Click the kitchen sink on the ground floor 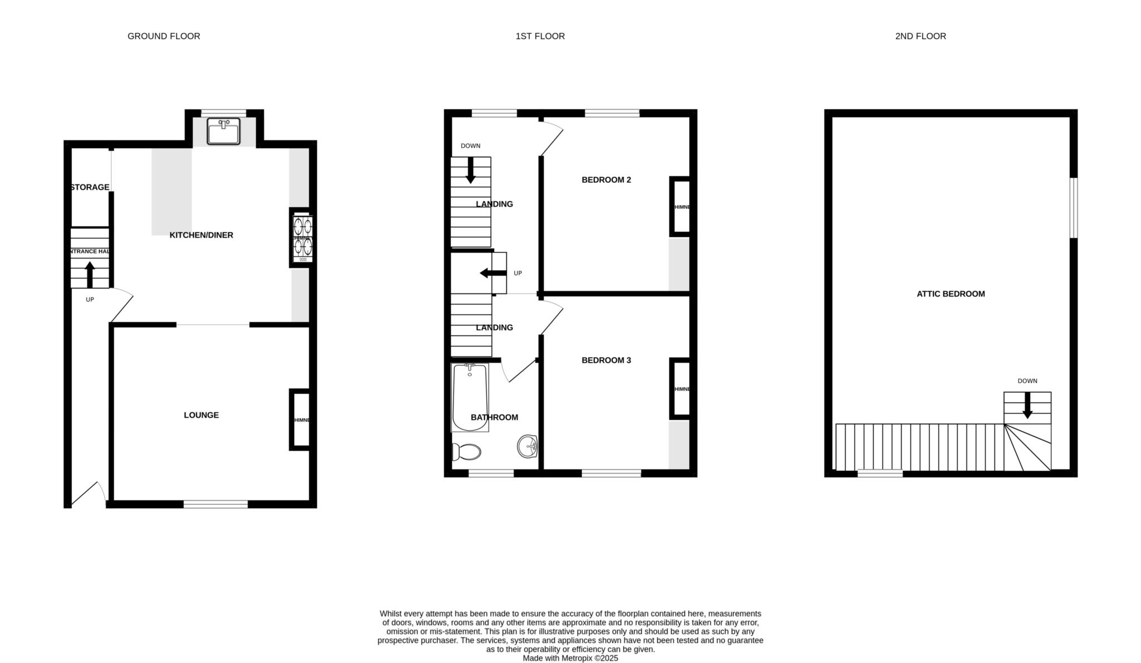(x=223, y=131)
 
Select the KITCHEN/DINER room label (x=201, y=235)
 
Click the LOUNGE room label (x=201, y=415)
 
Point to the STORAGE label (x=90, y=187)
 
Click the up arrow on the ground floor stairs (x=90, y=274)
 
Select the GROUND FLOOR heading (x=164, y=36)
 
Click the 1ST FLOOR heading (x=540, y=36)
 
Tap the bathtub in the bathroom (x=470, y=397)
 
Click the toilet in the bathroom (x=467, y=452)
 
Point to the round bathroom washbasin (x=527, y=446)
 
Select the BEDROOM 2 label (x=606, y=180)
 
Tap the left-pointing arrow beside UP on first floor (x=493, y=273)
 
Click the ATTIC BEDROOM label (x=950, y=294)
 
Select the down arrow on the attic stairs (x=1027, y=406)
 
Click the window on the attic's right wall (x=1074, y=208)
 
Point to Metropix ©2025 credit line (x=570, y=658)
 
